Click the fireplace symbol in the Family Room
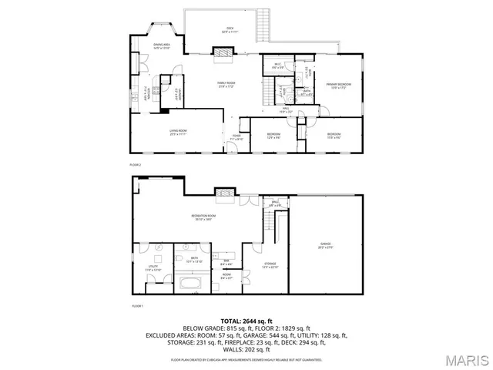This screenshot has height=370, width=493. (223, 52)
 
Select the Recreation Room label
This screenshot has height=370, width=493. (203, 217)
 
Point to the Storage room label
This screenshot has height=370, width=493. (270, 266)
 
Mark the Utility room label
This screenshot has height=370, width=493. (153, 269)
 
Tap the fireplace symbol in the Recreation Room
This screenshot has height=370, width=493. (224, 193)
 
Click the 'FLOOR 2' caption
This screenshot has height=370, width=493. (136, 165)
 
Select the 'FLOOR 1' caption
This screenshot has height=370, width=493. (138, 306)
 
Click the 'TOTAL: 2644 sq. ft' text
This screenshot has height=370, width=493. (246, 320)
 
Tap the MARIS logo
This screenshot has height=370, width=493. (464, 359)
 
